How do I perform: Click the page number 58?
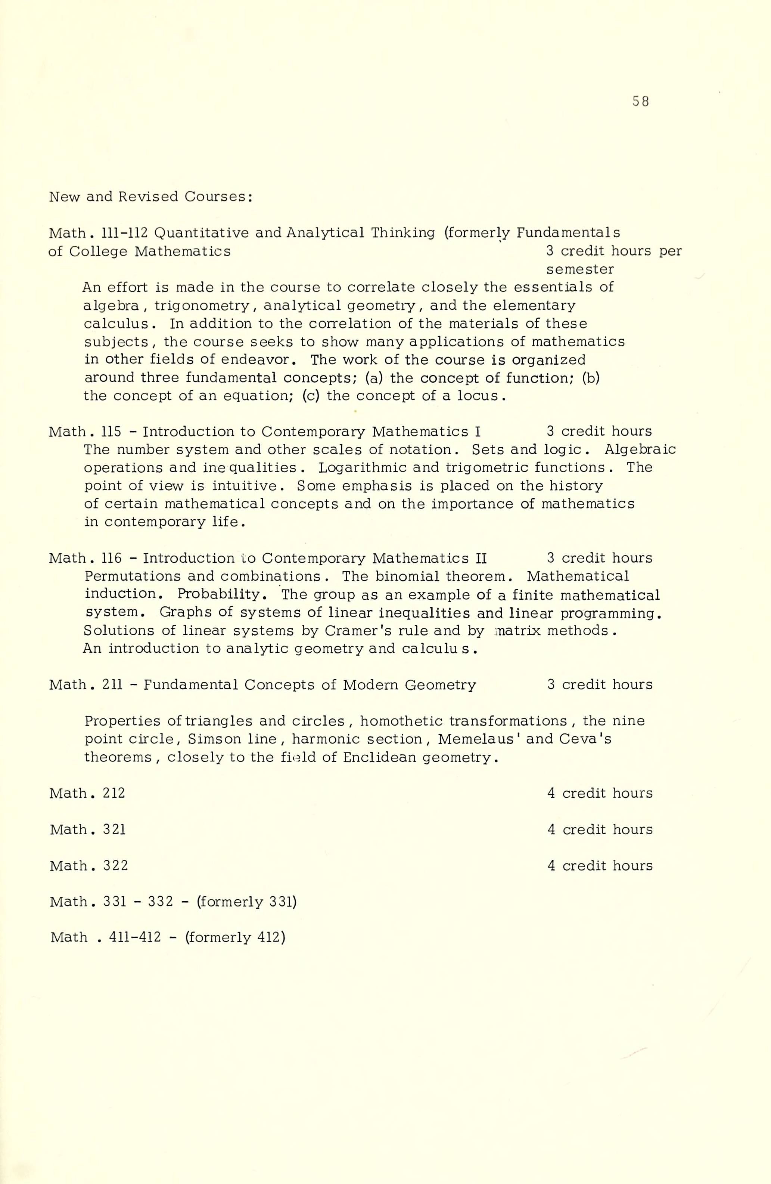(641, 102)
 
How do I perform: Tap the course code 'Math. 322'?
(89, 866)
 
